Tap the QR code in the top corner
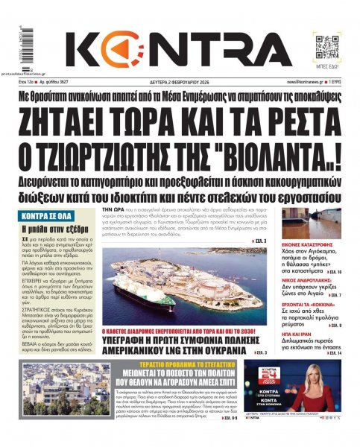point(325,45)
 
